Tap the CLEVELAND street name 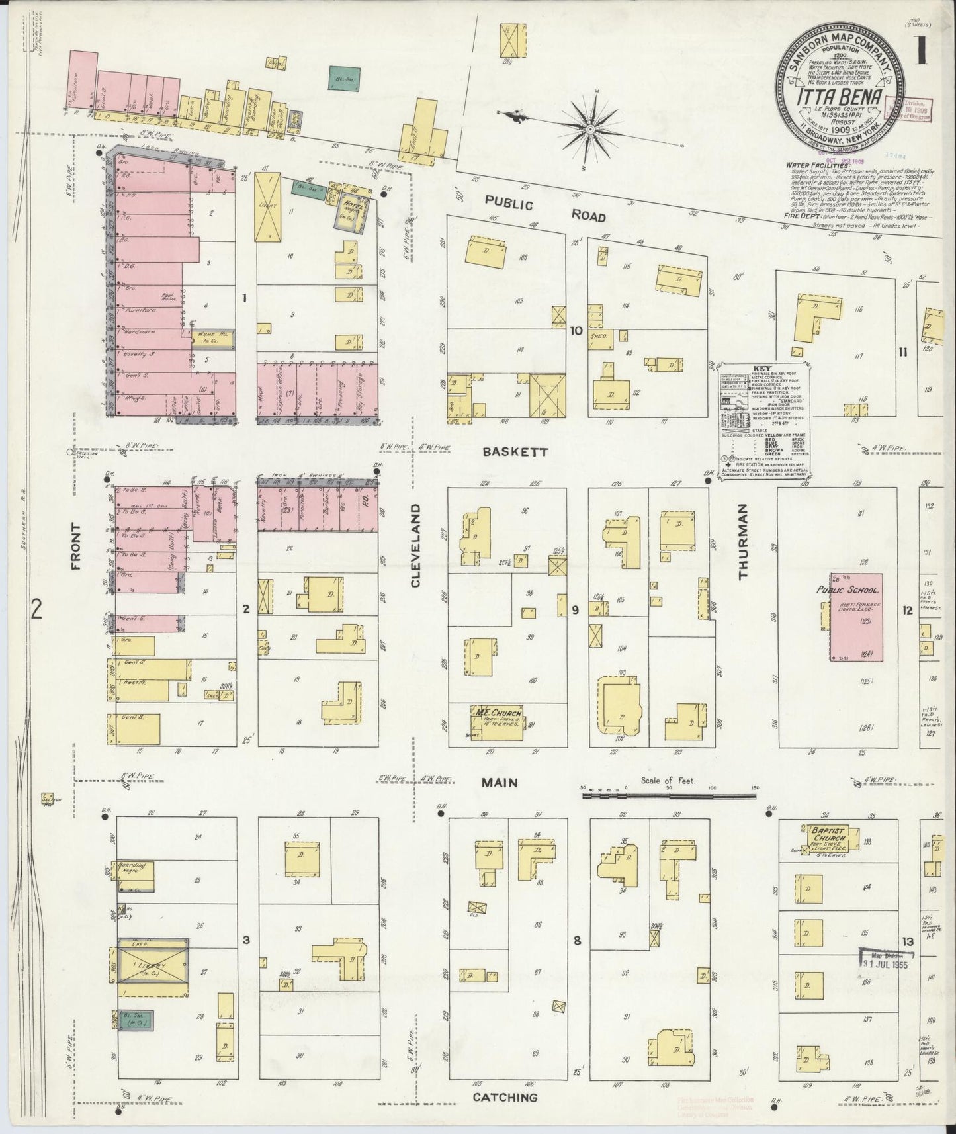tap(415, 546)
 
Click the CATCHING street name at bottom tap(505, 1098)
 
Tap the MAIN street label tap(500, 783)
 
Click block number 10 tap(576, 331)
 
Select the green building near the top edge tap(344, 78)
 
